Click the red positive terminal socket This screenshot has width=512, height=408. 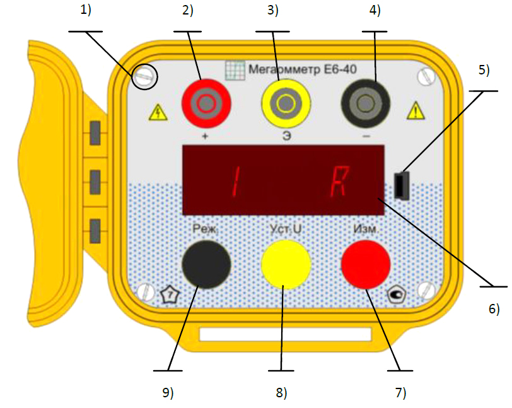coord(206,103)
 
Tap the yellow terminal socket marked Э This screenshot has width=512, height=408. coord(286,103)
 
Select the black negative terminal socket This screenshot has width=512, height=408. coord(366,103)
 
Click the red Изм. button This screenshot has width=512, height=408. coord(366,265)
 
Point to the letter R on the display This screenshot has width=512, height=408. coord(340,181)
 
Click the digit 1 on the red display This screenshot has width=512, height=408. coord(236,181)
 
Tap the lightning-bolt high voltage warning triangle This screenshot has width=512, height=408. coord(158,112)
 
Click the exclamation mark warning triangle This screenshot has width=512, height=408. coord(416,110)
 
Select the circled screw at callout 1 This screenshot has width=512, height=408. coord(144,77)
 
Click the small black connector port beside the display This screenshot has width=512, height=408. coord(402,185)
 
